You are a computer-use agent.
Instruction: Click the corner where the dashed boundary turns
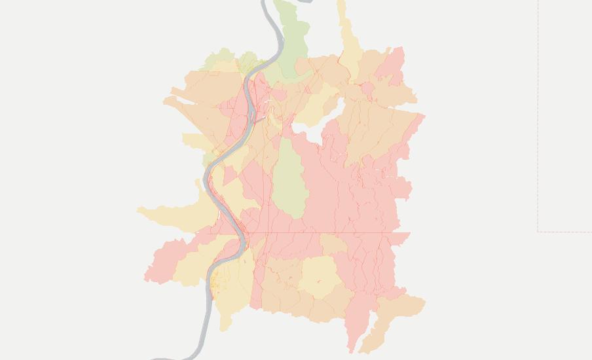click(538, 231)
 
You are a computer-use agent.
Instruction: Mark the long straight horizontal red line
click(314, 232)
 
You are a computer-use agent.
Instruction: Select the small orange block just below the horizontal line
click(333, 244)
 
